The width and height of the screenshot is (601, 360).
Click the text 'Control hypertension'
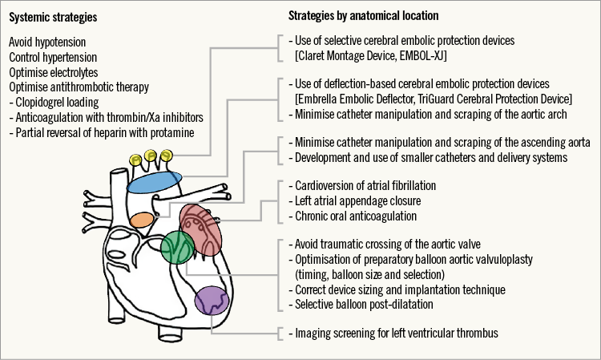pos(54,57)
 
